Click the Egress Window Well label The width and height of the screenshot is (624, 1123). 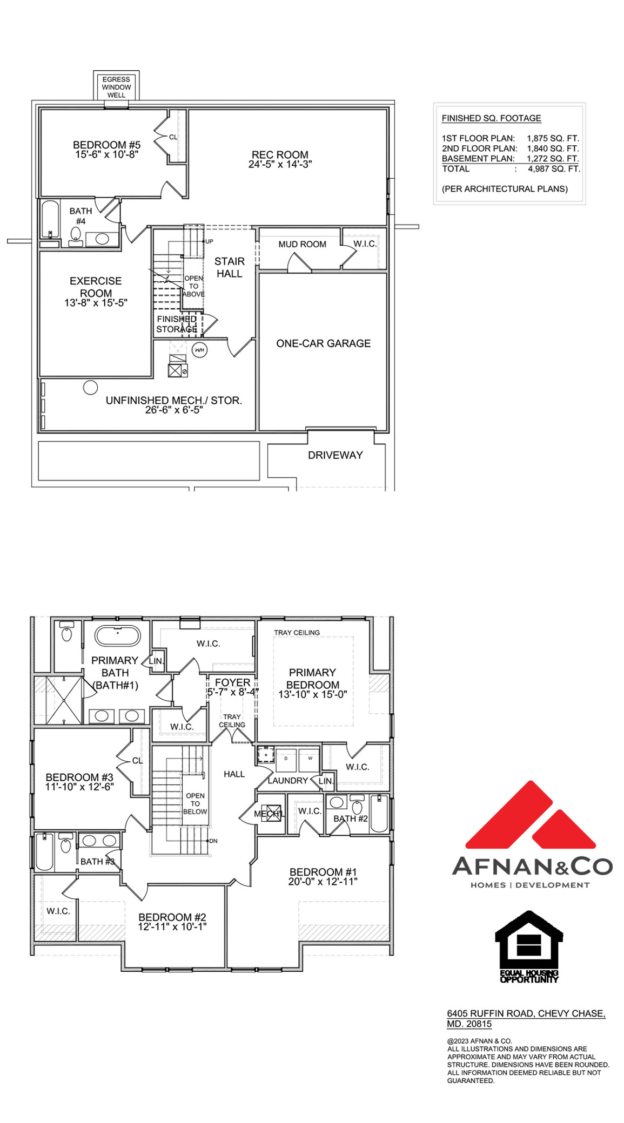click(x=116, y=87)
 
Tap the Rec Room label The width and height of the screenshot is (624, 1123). click(x=280, y=155)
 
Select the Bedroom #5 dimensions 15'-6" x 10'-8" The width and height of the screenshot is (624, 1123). click(x=106, y=154)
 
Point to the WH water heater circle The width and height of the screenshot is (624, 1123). click(x=199, y=350)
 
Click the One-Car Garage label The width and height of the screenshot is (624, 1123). click(x=323, y=343)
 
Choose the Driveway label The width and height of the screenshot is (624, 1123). click(x=335, y=455)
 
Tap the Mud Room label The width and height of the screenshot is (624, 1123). click(x=302, y=245)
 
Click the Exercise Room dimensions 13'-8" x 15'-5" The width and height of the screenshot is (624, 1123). click(x=96, y=303)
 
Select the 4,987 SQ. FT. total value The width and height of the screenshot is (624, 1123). click(x=554, y=169)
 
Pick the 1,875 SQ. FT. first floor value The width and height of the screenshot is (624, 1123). click(x=553, y=138)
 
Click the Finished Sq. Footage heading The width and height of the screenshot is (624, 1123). click(x=491, y=118)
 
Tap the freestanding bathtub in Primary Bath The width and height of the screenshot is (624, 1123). click(x=117, y=635)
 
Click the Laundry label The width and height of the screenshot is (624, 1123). click(x=288, y=781)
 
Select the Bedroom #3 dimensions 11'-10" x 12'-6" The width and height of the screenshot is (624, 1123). click(x=79, y=787)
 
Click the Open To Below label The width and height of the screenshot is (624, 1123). click(x=195, y=803)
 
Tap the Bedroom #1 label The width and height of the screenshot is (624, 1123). click(x=323, y=872)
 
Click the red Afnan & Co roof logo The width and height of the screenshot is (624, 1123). click(x=531, y=816)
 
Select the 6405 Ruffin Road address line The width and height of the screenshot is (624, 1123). click(x=526, y=1013)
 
